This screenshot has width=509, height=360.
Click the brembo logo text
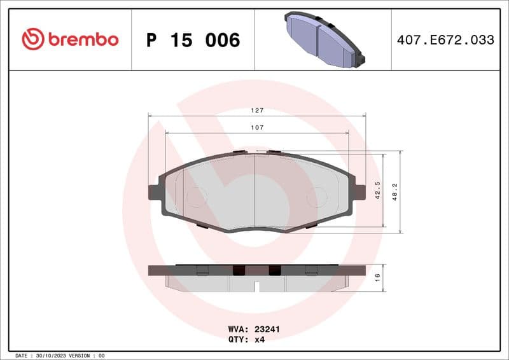82,39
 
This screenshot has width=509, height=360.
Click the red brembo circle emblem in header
32,39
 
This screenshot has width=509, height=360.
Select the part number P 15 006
193,40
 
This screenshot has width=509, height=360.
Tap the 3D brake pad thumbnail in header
323,39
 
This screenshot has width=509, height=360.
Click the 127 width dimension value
256,110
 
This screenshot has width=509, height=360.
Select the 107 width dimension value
256,128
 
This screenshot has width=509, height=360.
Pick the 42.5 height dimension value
377,190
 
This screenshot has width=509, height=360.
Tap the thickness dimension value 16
377,277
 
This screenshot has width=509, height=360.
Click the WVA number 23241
267,329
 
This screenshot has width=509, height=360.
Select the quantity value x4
259,340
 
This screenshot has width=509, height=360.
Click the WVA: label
237,329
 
